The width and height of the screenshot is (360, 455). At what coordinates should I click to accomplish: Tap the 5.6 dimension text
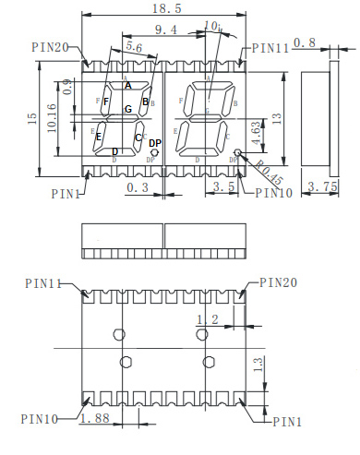[133, 46]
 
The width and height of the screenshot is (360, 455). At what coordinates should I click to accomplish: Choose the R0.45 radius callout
[270, 174]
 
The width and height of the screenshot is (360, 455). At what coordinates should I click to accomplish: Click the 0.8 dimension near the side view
[306, 42]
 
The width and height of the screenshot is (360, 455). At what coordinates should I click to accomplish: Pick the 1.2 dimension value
[208, 318]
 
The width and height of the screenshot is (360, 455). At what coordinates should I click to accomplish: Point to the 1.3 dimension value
[259, 364]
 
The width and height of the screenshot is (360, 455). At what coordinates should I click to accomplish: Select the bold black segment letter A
[127, 85]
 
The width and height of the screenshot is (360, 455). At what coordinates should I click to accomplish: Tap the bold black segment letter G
[129, 110]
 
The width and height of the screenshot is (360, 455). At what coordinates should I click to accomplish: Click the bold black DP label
[155, 143]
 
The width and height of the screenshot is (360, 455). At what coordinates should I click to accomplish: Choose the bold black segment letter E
[99, 137]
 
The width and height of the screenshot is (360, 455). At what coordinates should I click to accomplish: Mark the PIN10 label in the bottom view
[40, 419]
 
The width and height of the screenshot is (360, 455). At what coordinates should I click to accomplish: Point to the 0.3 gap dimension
[137, 187]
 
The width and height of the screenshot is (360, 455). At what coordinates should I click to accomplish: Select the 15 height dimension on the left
[30, 117]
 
